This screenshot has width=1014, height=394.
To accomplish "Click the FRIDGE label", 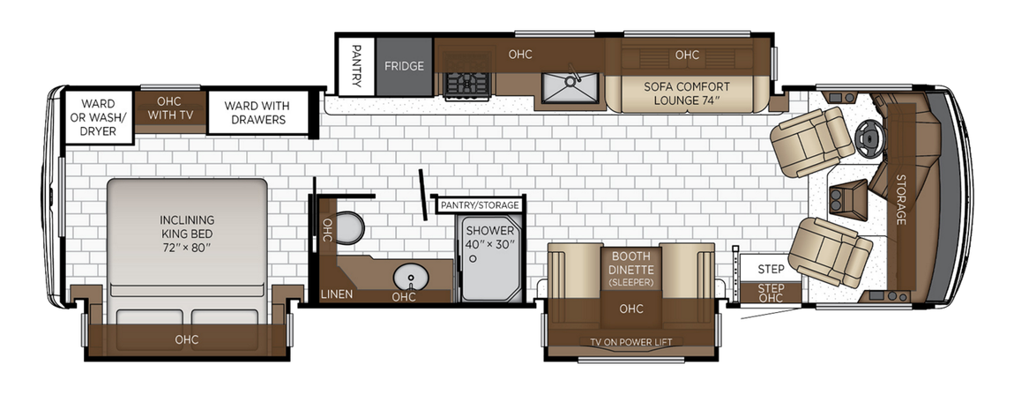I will (404, 66).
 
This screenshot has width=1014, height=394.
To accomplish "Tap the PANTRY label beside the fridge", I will (356, 66).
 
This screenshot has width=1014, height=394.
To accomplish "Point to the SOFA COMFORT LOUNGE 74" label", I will (686, 93).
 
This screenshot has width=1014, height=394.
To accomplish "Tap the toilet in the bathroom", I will (350, 227).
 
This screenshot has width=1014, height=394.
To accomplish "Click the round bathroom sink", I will (406, 278).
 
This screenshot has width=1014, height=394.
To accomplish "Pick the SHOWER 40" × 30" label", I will (490, 236).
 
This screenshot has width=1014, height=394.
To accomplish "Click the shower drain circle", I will (473, 259).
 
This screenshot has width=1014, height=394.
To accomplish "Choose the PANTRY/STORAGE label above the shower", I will (480, 205).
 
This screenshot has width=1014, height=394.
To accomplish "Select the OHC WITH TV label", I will (170, 108).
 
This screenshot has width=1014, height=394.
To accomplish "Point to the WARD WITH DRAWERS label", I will (254, 112).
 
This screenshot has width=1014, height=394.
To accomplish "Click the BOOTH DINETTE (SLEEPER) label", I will (630, 268).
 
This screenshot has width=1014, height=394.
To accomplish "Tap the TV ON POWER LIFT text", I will (630, 343).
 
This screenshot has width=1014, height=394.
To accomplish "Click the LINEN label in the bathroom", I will (337, 294).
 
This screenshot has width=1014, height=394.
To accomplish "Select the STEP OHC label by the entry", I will (771, 293).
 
